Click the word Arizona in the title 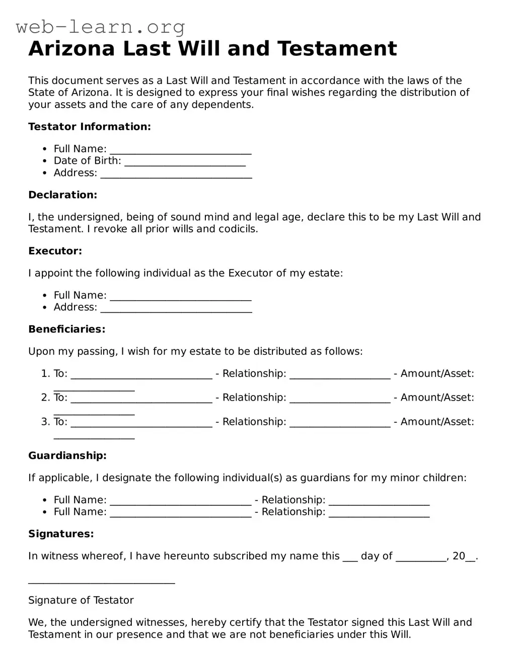coord(72,49)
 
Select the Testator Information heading coord(90,127)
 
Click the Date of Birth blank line coord(185,162)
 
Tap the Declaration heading coord(62,195)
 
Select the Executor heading coord(55,251)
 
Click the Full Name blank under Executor coord(180,297)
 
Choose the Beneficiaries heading coord(66,329)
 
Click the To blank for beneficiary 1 coord(141,375)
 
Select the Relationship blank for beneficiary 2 coord(340,399)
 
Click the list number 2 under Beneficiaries coord(45,398)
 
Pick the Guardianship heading coord(67,456)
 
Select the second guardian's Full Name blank coord(180,513)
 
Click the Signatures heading coord(61,534)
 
